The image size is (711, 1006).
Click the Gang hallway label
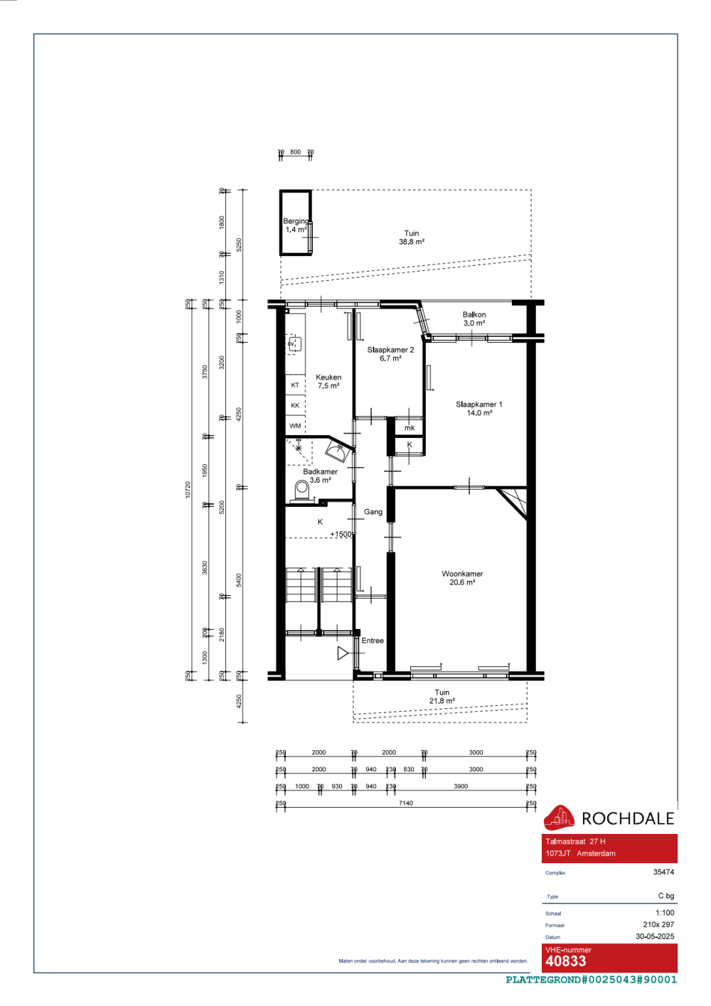(373, 512)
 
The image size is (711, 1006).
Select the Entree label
(373, 641)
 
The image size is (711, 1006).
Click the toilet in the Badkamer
(301, 489)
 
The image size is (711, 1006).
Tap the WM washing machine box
(295, 426)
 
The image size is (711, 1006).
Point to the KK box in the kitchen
(295, 405)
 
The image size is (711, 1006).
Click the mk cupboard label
(410, 428)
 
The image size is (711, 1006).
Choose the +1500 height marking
(341, 534)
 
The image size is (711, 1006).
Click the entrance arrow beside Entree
(343, 653)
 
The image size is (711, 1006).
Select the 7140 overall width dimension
(405, 803)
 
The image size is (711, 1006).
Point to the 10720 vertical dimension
(188, 489)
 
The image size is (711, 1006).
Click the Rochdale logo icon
(559, 818)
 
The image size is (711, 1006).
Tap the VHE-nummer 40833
(566, 961)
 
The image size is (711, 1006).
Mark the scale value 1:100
(665, 913)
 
